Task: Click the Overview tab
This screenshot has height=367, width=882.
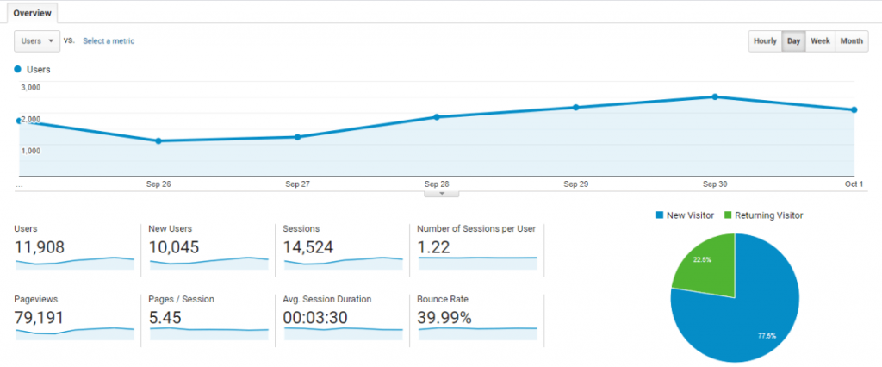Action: pyautogui.click(x=31, y=12)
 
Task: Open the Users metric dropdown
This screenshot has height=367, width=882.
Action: pyautogui.click(x=37, y=40)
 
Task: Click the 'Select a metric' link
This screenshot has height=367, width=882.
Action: pyautogui.click(x=109, y=40)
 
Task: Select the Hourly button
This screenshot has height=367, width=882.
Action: pyautogui.click(x=765, y=41)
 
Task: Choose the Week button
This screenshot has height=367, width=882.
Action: pyautogui.click(x=820, y=41)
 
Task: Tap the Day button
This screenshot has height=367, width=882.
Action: pyautogui.click(x=793, y=41)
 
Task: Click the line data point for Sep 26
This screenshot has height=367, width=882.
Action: pyautogui.click(x=158, y=140)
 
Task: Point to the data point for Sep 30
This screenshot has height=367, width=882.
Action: pyautogui.click(x=715, y=96)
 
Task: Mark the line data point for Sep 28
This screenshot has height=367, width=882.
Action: pyautogui.click(x=437, y=117)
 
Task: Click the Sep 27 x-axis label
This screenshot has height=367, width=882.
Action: pyautogui.click(x=297, y=183)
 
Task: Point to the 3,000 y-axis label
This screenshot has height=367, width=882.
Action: pyautogui.click(x=30, y=87)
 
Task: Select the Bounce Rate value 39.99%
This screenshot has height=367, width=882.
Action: pyautogui.click(x=444, y=317)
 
